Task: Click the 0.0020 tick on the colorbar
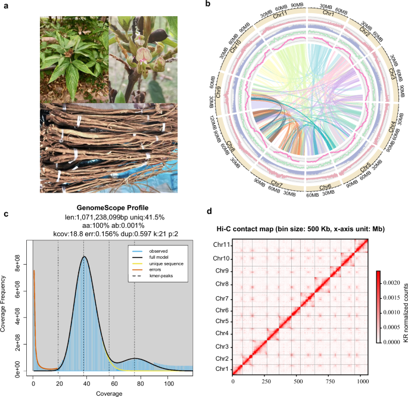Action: click(393, 279)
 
